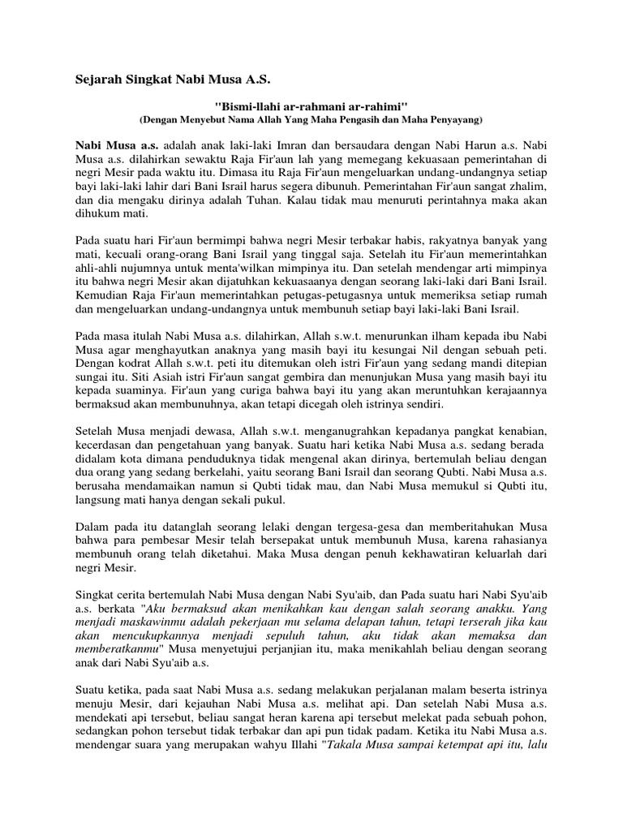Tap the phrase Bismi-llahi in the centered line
pos(247,107)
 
